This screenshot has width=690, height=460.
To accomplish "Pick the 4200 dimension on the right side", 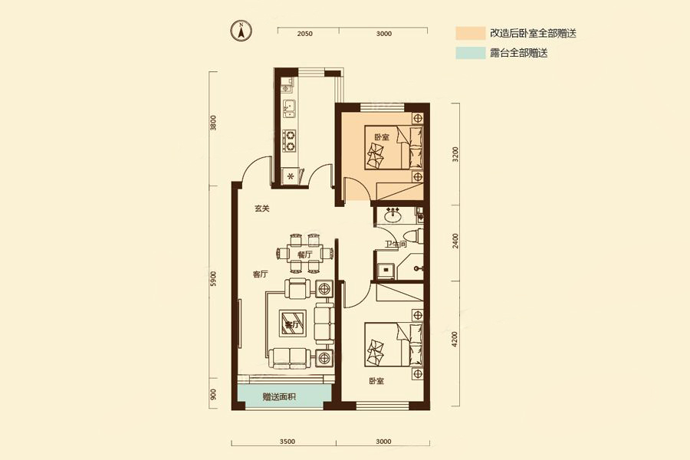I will pos(455,338).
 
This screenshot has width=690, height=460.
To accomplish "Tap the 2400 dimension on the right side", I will pos(455,242).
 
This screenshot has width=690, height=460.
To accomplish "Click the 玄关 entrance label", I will pos(262,209).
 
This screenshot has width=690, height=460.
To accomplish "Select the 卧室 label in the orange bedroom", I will pos(381,137).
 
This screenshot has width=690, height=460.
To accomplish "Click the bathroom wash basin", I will pos(393,215).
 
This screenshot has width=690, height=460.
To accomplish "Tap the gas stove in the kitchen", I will pos(291,140).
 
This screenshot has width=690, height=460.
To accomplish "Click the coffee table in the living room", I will pos(291,322).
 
